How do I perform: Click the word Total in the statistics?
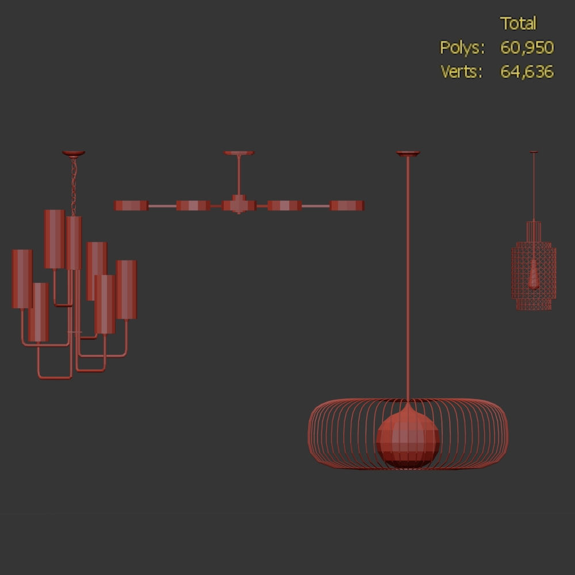click(518, 24)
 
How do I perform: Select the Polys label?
click(462, 48)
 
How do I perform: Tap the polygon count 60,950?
click(527, 48)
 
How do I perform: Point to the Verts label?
click(462, 72)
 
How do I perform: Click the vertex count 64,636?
click(527, 72)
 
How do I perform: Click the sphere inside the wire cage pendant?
click(408, 440)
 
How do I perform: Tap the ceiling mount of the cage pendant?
click(408, 154)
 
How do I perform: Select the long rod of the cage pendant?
click(408, 276)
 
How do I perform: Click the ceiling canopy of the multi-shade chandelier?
click(74, 154)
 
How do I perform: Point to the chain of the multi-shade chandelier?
click(74, 178)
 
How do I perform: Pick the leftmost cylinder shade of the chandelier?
click(22, 279)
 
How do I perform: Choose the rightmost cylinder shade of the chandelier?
click(126, 289)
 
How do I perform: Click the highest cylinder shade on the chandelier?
click(54, 239)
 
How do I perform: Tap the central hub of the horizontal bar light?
click(239, 205)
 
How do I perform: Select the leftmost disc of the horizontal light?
click(131, 205)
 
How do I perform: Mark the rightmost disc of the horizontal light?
click(347, 205)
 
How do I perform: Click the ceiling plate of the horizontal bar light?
click(239, 153)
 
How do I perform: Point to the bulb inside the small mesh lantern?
click(534, 274)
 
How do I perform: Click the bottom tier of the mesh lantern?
click(534, 303)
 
